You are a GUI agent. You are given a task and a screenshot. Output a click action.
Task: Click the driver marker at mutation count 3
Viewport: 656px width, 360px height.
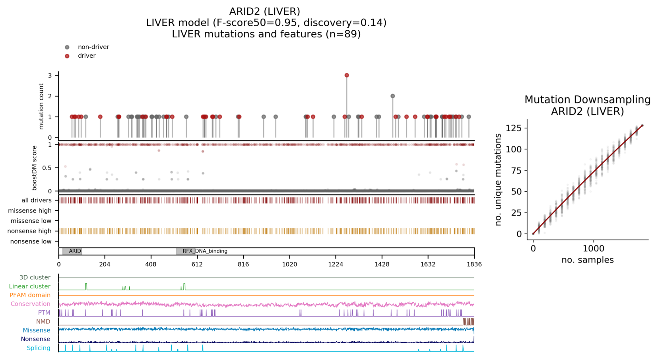point(347,75)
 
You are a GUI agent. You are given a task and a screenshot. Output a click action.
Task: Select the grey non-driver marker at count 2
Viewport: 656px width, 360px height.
point(393,96)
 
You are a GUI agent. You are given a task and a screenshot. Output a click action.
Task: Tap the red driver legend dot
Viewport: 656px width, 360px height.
point(67,56)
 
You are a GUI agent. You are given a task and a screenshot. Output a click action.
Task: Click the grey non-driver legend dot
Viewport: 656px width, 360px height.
point(67,47)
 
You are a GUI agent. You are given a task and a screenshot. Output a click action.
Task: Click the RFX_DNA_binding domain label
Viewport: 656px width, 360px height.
point(205,251)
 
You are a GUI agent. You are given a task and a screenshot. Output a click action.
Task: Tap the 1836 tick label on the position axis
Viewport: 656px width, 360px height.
point(474,264)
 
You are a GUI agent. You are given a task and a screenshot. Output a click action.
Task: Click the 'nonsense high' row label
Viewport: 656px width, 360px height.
point(30,231)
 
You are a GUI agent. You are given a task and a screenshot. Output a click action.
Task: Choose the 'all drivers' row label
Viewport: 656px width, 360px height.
point(36,200)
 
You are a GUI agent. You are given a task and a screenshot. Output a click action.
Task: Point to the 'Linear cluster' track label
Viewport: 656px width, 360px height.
point(29,286)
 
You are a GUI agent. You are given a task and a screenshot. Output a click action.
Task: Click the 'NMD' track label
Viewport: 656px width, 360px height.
point(43,321)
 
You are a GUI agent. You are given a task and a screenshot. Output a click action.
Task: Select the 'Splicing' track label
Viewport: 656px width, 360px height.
point(38,348)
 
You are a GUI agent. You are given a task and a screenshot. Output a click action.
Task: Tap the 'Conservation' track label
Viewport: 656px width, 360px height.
point(30,304)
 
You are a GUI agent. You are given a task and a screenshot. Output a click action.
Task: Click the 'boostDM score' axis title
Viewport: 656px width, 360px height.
point(35,168)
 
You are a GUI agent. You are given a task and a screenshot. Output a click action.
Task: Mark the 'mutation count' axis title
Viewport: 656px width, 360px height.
point(41,106)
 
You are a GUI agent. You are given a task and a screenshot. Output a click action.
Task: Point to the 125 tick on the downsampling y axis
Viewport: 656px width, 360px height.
point(514,128)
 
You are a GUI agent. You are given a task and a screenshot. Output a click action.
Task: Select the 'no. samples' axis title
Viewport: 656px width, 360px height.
point(587,260)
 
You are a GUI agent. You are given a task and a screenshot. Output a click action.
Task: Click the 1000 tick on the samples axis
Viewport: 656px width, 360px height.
point(594,249)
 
